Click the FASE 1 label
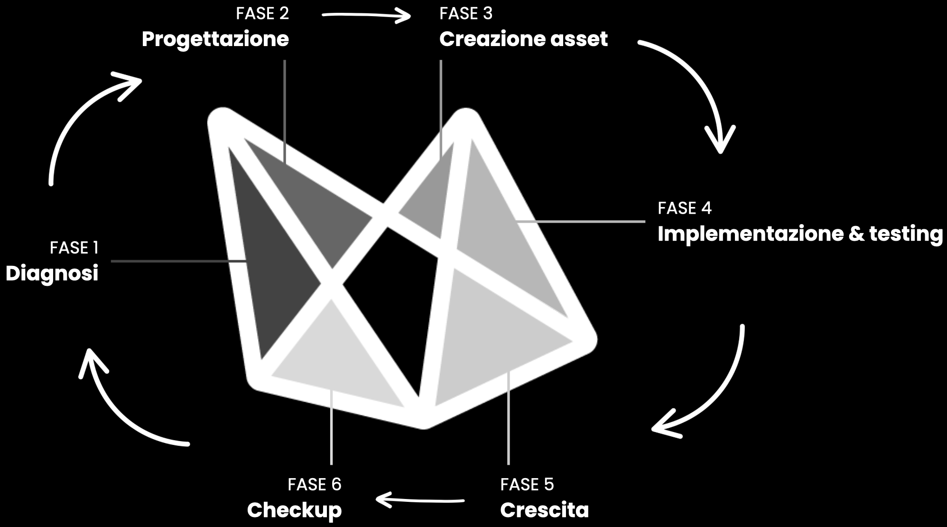tap(74, 248)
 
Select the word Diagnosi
tap(52, 273)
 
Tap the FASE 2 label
tap(262, 13)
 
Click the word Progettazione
tap(215, 39)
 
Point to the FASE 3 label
tap(466, 13)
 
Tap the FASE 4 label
tap(685, 208)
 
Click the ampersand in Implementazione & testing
tap(856, 234)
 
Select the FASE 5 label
tap(527, 484)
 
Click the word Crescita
tap(544, 510)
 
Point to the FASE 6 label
tap(315, 484)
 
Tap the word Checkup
tap(294, 510)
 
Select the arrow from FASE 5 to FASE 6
tap(420, 500)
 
